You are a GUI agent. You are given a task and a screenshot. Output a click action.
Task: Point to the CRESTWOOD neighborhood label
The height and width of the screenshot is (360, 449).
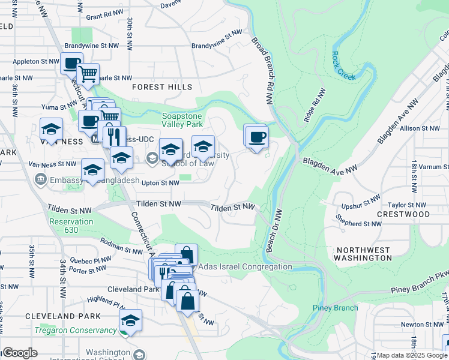[x=403, y=214]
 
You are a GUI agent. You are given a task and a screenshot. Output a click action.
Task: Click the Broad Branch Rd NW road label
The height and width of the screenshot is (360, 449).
[x=264, y=65]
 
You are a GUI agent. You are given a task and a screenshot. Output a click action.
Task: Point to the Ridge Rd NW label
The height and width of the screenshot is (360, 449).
[x=315, y=107]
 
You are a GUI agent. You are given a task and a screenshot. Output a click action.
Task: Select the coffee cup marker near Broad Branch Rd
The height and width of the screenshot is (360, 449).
[x=257, y=137]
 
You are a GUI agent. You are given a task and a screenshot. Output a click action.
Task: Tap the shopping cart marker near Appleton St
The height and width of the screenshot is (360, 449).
[x=88, y=74]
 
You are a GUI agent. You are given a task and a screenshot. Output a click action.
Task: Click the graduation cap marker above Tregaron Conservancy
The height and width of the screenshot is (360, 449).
[x=130, y=319]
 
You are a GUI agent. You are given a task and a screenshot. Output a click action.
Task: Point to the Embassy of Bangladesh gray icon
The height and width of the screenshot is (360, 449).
[x=40, y=179]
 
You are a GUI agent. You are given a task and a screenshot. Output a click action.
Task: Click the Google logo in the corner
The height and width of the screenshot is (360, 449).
[x=20, y=353]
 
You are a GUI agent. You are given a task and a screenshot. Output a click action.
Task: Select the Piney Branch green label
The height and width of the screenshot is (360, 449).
[x=335, y=308]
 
